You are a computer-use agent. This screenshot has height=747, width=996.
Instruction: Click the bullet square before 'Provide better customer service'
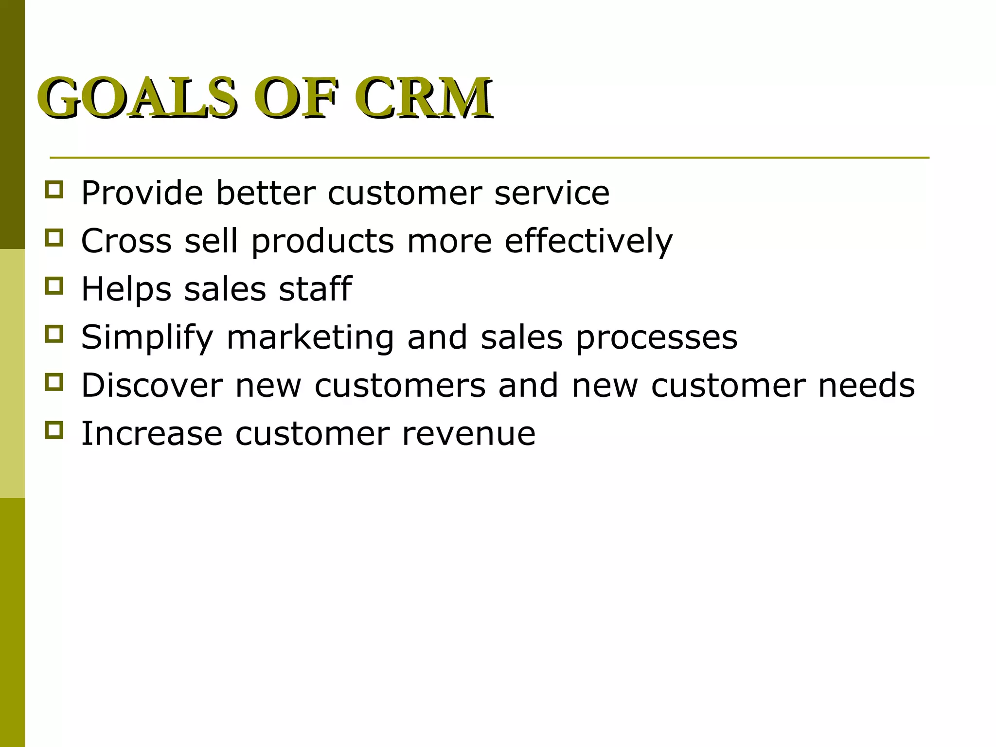click(x=54, y=189)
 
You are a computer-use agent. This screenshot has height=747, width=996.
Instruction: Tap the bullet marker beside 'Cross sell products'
click(x=54, y=237)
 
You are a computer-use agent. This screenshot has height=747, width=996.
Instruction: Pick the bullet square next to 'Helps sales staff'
click(x=54, y=285)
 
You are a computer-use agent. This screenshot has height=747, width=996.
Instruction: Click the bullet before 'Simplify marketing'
click(x=54, y=334)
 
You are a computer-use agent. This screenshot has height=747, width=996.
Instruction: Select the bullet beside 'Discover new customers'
click(x=54, y=382)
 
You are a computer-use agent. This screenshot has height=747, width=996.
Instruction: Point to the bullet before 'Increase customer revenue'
click(x=54, y=430)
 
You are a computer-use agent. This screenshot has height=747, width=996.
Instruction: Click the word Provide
click(x=142, y=193)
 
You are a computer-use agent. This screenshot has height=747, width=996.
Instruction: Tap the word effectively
click(x=588, y=241)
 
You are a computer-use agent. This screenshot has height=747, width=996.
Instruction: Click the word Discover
click(x=152, y=385)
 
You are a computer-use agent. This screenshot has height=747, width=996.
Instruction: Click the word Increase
click(x=152, y=434)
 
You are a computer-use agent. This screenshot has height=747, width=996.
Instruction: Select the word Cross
click(x=126, y=241)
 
